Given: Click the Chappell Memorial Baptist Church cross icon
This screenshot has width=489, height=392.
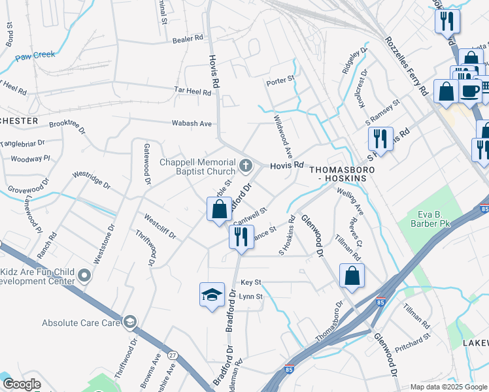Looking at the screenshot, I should pos(246,165).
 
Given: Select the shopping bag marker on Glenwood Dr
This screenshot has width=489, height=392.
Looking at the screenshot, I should pos(352,276).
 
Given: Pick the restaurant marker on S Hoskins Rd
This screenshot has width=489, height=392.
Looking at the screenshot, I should pos(380,139).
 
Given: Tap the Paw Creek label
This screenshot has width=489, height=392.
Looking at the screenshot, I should pos(36,55).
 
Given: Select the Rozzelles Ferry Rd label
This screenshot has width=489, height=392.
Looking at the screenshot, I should pos(406,66).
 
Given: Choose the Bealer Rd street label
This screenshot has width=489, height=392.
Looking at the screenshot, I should pos(188,39).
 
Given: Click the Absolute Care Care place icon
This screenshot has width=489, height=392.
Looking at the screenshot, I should pos(130,322).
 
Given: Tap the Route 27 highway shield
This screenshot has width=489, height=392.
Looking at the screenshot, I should pos(173,355).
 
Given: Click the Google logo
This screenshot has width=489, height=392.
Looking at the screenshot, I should pos(22,384).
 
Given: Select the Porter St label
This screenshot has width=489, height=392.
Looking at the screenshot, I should pos(280,82).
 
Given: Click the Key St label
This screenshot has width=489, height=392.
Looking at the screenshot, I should pos(250,282).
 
